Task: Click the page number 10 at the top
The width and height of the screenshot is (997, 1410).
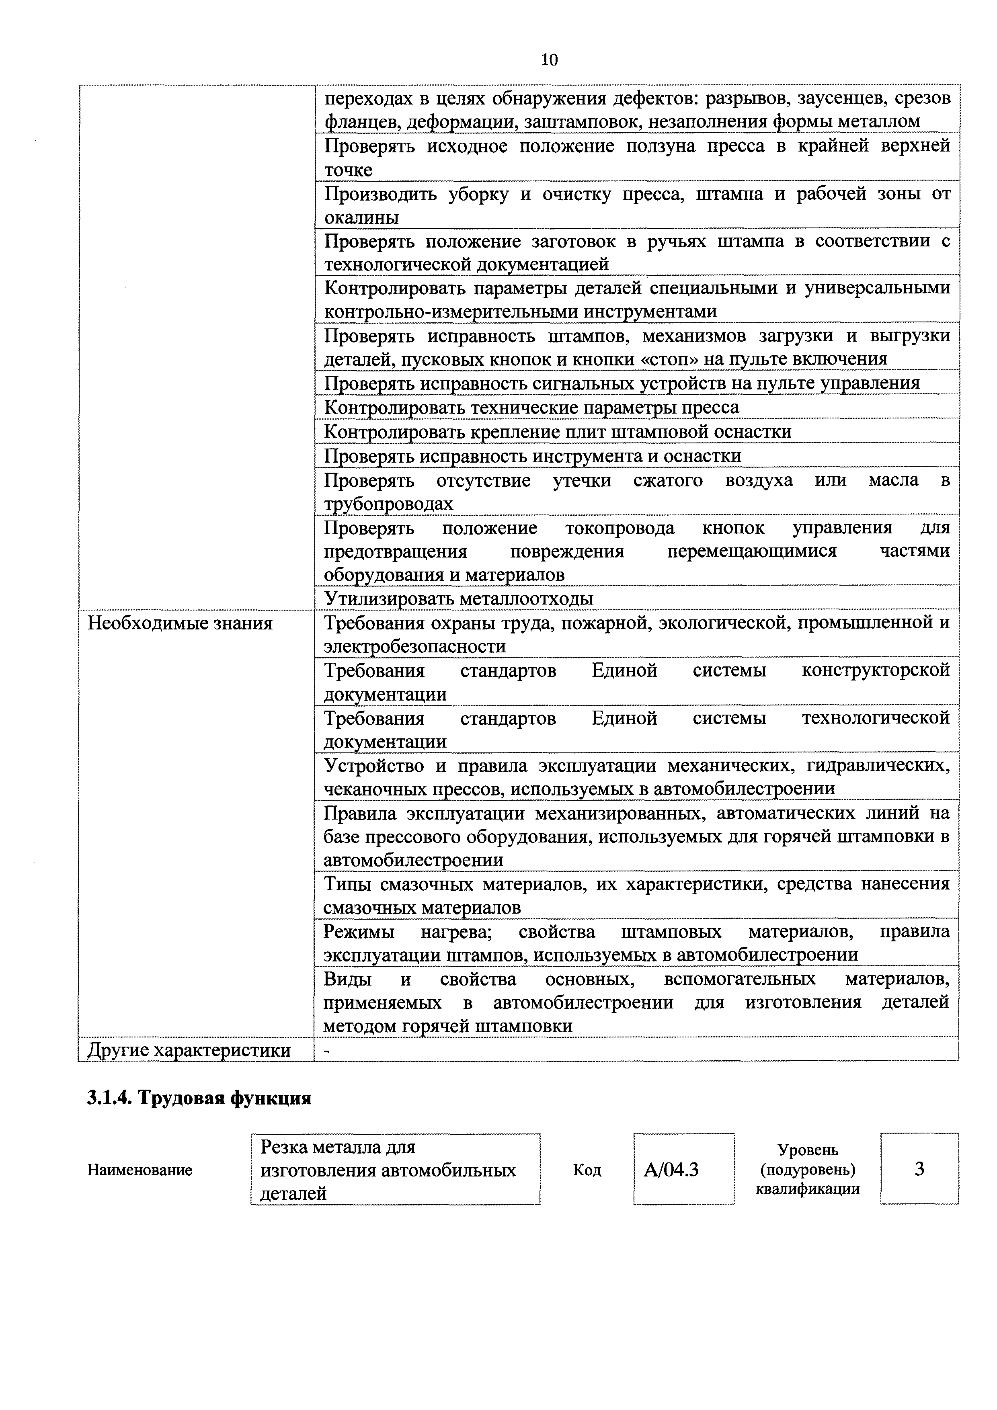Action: (x=550, y=59)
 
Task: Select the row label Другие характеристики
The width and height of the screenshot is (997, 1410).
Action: (x=189, y=1050)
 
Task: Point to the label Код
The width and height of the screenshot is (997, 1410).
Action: (x=587, y=1170)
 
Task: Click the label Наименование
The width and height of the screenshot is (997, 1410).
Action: (x=139, y=1170)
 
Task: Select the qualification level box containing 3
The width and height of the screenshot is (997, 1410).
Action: (x=919, y=1169)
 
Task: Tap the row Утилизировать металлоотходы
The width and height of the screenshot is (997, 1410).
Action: (x=458, y=598)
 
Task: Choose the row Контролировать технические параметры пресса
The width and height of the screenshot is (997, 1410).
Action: (x=531, y=407)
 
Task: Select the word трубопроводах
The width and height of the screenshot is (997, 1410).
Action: (x=388, y=504)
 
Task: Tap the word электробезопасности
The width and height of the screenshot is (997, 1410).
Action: (x=414, y=646)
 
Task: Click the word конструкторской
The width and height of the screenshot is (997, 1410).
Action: (x=875, y=670)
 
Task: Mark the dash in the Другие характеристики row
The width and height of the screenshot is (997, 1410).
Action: (x=327, y=1051)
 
